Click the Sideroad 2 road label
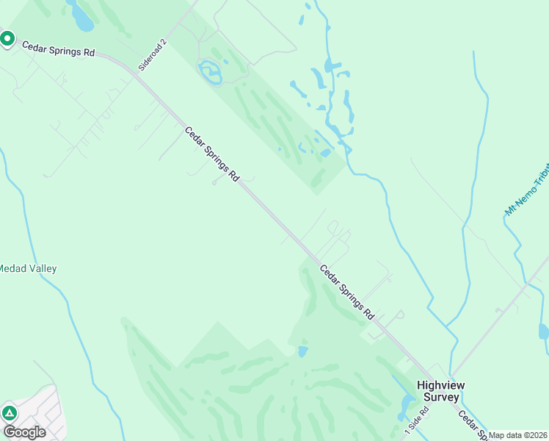(x=153, y=54)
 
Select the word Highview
(x=441, y=385)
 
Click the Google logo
(x=23, y=431)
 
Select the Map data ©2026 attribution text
(x=518, y=435)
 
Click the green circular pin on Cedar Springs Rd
(x=8, y=38)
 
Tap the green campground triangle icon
(x=9, y=413)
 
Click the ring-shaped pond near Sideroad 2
(x=211, y=73)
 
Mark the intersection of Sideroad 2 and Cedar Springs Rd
(x=137, y=72)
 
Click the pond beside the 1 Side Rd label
(x=407, y=405)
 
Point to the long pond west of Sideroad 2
(x=80, y=16)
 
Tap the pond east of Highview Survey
(x=544, y=331)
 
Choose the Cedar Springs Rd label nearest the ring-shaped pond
(x=212, y=155)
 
